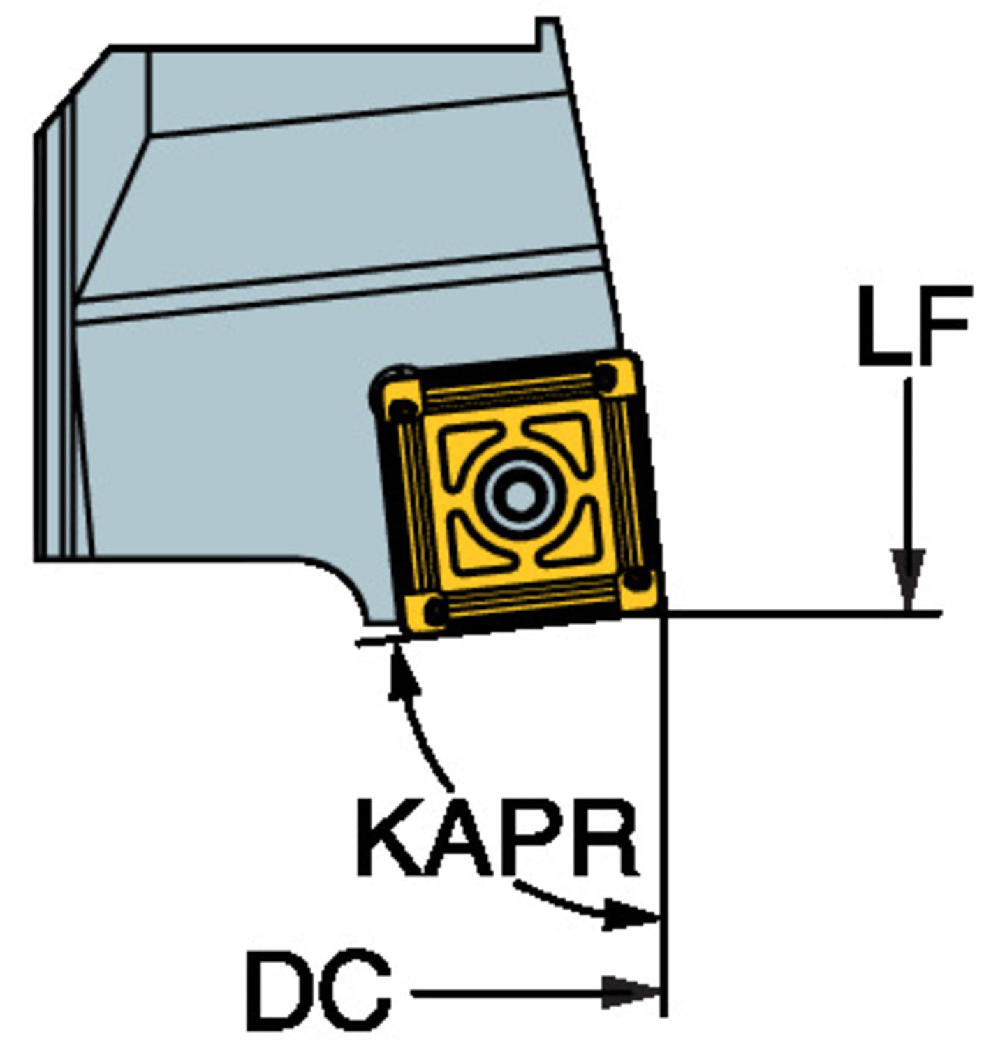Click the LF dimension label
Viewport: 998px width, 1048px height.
pyautogui.click(x=913, y=326)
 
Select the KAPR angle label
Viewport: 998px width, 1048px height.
pyautogui.click(x=497, y=838)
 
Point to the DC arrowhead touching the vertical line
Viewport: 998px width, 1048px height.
pyautogui.click(x=632, y=991)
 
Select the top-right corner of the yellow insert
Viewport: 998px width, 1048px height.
pyautogui.click(x=617, y=374)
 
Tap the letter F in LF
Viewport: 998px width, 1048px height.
pyautogui.click(x=942, y=326)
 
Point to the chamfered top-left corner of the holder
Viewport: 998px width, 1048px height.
pyautogui.click(x=73, y=87)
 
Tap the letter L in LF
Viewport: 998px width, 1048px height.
pyautogui.click(x=881, y=326)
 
